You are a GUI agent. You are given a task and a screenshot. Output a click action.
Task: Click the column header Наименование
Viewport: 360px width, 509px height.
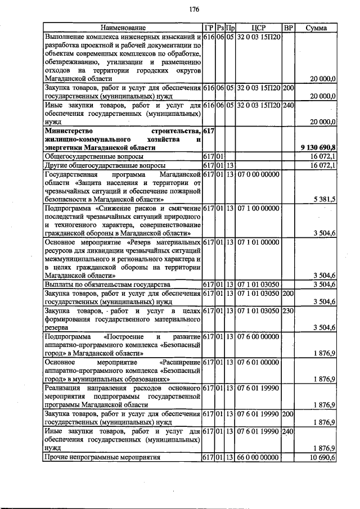[x=123, y=28]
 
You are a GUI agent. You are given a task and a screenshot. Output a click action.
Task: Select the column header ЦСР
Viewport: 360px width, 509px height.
[x=259, y=28]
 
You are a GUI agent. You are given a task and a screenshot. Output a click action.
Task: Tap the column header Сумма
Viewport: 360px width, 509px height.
[x=317, y=28]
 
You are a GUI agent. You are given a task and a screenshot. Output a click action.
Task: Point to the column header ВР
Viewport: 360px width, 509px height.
[x=288, y=28]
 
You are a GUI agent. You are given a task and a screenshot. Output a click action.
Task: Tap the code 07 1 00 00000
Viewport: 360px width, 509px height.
[x=258, y=209]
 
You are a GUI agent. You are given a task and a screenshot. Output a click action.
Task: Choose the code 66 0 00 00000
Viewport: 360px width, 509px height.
[x=258, y=458]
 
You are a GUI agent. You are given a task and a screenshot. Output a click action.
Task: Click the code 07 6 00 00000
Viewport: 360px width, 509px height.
[x=258, y=337]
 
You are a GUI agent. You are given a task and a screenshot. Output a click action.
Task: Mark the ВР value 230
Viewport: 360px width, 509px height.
[x=288, y=311]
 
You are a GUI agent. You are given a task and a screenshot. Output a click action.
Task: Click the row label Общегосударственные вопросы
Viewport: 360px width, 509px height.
[x=93, y=156]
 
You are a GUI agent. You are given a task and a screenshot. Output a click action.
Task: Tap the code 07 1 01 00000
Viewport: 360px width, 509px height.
[x=258, y=242]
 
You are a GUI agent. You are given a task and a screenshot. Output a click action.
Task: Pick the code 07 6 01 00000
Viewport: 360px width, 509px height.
[x=258, y=363]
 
